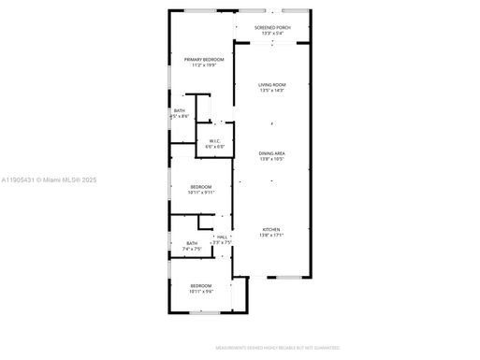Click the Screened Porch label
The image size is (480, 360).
(272, 27)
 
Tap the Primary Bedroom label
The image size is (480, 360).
(204, 60)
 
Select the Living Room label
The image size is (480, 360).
(272, 85)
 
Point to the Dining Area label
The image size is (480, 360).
(272, 153)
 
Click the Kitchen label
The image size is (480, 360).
(271, 229)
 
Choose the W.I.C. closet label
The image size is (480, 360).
(214, 141)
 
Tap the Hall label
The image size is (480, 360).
(223, 238)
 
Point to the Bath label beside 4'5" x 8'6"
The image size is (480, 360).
(179, 111)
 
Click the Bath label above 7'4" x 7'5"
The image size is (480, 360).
(191, 244)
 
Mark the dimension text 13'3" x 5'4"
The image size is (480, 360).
(272, 33)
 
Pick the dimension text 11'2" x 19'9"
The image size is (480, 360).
(204, 65)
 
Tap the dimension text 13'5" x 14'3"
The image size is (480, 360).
(272, 91)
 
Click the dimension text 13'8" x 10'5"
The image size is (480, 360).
(272, 159)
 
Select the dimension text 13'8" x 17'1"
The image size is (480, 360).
(271, 235)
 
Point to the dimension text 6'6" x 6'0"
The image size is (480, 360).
(214, 147)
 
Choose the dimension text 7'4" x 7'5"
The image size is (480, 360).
(191, 250)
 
